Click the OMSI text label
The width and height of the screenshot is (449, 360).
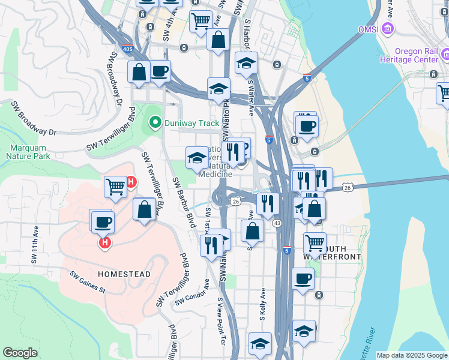point(367,29)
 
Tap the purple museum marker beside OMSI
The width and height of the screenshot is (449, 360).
point(389,28)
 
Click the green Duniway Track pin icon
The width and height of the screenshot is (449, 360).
point(155,124)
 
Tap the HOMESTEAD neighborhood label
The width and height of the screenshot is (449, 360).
point(124,274)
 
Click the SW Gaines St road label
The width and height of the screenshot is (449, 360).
point(87,283)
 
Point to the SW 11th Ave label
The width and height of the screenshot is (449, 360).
point(35,245)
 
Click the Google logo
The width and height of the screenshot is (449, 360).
point(20,353)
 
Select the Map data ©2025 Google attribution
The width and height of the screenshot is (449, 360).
point(411,355)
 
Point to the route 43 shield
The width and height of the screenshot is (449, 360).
point(277,223)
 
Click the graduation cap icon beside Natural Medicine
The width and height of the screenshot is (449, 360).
point(196,158)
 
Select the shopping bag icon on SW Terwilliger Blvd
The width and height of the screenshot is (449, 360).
point(144,210)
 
